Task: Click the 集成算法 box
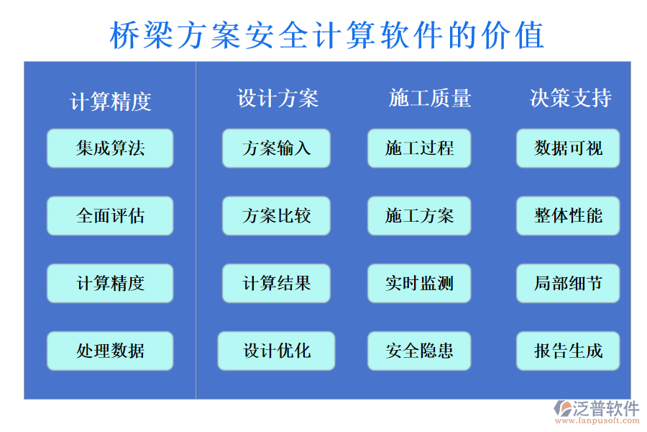110,148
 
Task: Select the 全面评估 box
110,216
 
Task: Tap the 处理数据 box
110,351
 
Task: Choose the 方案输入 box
276,148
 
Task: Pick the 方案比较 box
276,216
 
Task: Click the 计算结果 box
276,283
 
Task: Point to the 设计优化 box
276,351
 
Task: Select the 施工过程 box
419,148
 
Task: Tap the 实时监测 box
419,283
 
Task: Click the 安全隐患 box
419,351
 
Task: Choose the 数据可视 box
568,148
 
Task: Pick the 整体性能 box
568,216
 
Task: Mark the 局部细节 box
568,283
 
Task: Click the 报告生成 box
568,351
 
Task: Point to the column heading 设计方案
277,98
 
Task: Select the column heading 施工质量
430,98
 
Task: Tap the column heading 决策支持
571,98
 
